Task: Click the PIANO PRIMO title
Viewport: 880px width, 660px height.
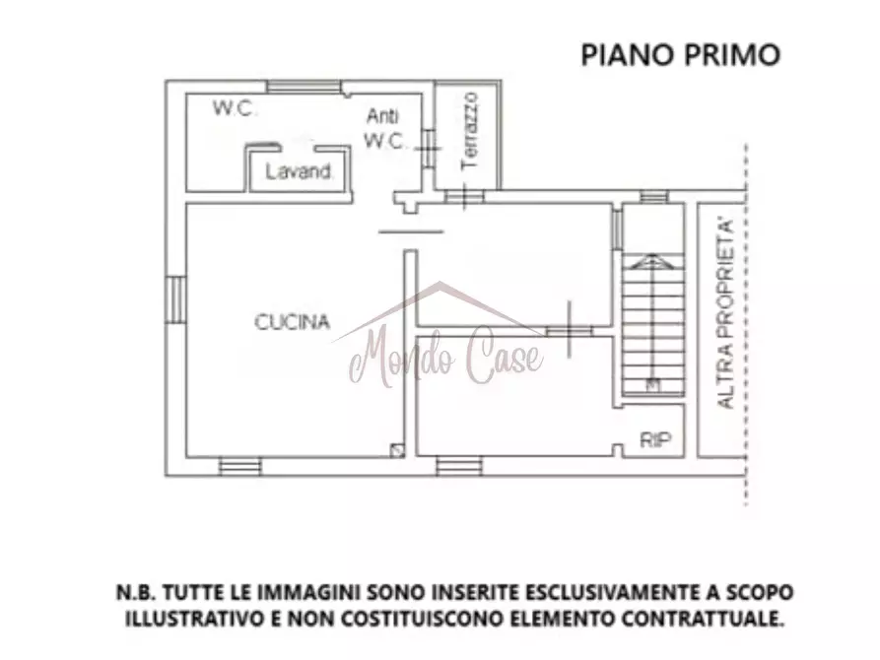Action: click(680, 54)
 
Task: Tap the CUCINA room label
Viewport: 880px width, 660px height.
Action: click(293, 321)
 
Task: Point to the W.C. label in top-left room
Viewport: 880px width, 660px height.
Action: click(236, 109)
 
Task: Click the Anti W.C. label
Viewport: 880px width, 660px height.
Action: click(385, 128)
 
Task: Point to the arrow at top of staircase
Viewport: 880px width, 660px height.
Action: click(650, 261)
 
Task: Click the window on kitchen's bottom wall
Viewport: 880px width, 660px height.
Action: click(239, 465)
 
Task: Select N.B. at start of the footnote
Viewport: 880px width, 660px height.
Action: click(132, 593)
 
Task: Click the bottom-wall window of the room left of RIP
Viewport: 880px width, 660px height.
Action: click(458, 465)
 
